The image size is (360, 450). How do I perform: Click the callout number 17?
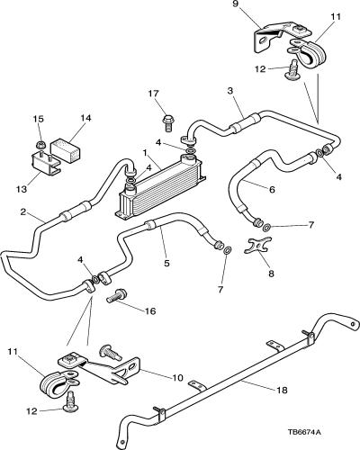pyautogui.click(x=153, y=94)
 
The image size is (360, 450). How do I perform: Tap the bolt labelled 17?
pyautogui.click(x=168, y=122)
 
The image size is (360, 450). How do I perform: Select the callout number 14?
pyautogui.click(x=85, y=118)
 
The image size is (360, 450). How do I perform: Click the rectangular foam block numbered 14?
pyautogui.click(x=67, y=149)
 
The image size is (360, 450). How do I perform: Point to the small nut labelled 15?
pyautogui.click(x=40, y=145)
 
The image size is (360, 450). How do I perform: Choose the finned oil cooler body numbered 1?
pyautogui.click(x=161, y=186)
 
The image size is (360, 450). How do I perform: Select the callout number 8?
pyautogui.click(x=271, y=274)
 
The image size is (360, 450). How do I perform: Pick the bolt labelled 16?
pyautogui.click(x=117, y=296)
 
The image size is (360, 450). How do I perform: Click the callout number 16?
pyautogui.click(x=150, y=311)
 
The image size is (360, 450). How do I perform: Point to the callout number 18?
pyautogui.click(x=282, y=390)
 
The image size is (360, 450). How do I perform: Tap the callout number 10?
pyautogui.click(x=177, y=377)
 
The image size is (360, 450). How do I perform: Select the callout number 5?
pyautogui.click(x=166, y=263)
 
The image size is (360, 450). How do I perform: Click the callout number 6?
pyautogui.click(x=272, y=189)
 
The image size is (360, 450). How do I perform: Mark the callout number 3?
pyautogui.click(x=230, y=91)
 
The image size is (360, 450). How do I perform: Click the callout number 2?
pyautogui.click(x=22, y=212)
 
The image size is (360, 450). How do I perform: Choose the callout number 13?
pyautogui.click(x=22, y=189)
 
